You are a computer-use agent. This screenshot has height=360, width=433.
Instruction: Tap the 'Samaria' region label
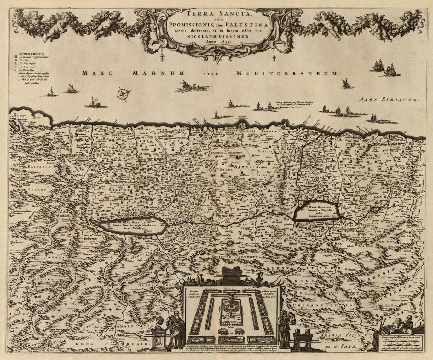coord(245,166)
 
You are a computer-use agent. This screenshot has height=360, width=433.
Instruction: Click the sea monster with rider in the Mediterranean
coord(186,84)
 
